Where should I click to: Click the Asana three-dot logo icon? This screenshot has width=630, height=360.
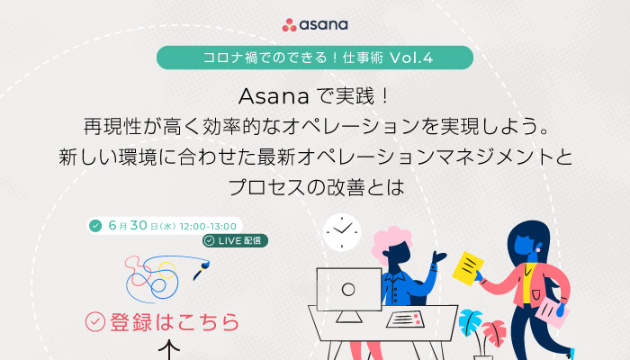pos(289,25)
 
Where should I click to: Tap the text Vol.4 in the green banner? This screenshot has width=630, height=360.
pos(411,58)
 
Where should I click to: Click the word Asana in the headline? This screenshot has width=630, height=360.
pos(274,96)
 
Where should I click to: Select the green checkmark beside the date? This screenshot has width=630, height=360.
pos(95,226)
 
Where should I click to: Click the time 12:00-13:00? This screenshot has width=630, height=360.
pos(208,226)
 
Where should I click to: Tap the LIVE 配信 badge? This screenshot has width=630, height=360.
pos(235,240)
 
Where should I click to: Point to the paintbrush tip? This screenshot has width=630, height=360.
pos(206,264)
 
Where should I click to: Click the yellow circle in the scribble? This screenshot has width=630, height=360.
pos(166,270)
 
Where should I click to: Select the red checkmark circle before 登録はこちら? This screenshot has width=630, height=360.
pos(95,322)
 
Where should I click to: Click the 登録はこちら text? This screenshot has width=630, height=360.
pos(175,322)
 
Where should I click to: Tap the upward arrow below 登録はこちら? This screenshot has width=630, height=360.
pos(169,349)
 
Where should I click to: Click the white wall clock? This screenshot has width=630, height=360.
pos(341,232)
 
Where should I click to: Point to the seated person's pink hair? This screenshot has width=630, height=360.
pos(390,241)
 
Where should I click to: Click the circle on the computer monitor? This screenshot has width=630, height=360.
pos(348,289)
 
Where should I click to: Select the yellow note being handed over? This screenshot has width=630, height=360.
pos(468,268)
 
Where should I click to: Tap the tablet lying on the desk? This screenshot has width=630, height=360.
pos(405,319)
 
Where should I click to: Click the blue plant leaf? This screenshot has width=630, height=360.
pos(470,322)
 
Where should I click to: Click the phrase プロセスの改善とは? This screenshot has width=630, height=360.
pos(316,187)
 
